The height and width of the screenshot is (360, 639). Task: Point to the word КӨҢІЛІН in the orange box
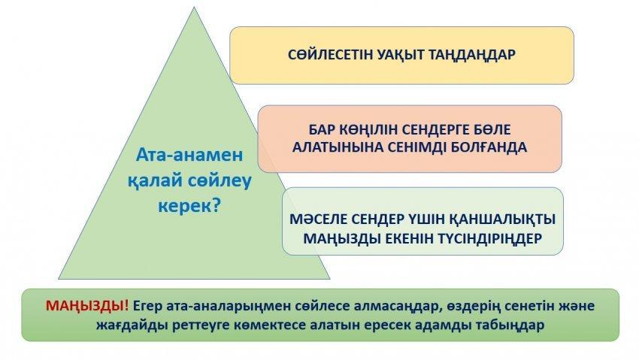[x=369, y=130]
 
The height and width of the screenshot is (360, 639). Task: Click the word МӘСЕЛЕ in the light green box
[x=318, y=219]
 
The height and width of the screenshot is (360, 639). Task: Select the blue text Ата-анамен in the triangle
[x=189, y=155]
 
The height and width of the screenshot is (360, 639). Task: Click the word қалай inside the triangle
[x=154, y=180]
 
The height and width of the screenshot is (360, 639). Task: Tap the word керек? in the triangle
[x=189, y=206]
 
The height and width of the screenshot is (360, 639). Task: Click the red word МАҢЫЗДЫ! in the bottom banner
[x=87, y=306]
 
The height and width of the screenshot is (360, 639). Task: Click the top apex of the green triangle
[x=194, y=8]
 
